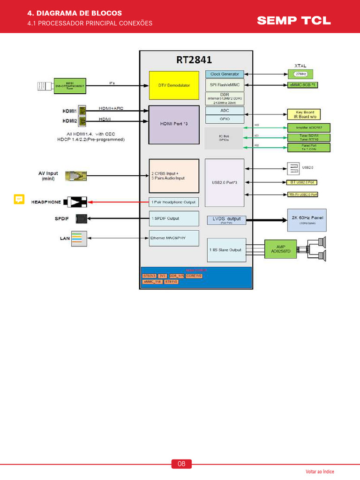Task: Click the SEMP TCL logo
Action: pyautogui.click(x=293, y=20)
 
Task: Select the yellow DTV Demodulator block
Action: pyautogui.click(x=173, y=85)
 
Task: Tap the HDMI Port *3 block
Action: pyautogui.click(x=173, y=124)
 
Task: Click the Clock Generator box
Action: pyautogui.click(x=225, y=74)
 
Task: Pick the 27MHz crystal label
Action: pyautogui.click(x=300, y=74)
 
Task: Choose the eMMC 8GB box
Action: pyautogui.click(x=308, y=85)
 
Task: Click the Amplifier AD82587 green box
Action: pyautogui.click(x=308, y=127)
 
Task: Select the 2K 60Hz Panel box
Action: pyautogui.click(x=307, y=219)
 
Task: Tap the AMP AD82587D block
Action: pyautogui.click(x=284, y=249)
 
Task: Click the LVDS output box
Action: pyautogui.click(x=226, y=220)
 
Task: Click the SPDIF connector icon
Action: pyautogui.click(x=81, y=218)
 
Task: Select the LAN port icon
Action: pyautogui.click(x=77, y=238)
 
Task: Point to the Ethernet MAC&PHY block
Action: pyautogui.click(x=173, y=238)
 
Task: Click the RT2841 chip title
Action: pyautogui.click(x=194, y=60)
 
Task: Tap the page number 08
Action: pyautogui.click(x=181, y=464)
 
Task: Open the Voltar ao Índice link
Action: pyautogui.click(x=320, y=472)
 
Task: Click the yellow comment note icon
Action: pyautogui.click(x=19, y=199)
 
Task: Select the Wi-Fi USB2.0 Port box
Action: pyautogui.click(x=302, y=194)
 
